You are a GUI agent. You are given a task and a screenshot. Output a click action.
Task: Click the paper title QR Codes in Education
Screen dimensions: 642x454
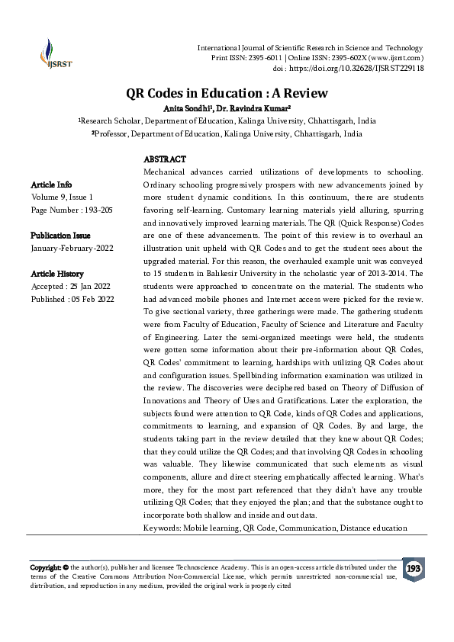[x=227, y=93]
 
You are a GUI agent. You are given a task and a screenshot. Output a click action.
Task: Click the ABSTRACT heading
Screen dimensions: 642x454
[x=164, y=159]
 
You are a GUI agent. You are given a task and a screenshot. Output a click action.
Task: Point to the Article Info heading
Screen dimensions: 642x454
[x=51, y=185]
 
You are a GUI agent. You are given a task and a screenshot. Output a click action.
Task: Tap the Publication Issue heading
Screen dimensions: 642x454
[x=60, y=236]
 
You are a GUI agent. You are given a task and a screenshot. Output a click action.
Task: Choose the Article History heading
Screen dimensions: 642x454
[x=57, y=274]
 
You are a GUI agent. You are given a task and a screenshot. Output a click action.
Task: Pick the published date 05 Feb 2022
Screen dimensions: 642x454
[x=92, y=299]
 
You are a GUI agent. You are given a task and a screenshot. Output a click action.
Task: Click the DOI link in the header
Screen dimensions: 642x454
[x=362, y=68]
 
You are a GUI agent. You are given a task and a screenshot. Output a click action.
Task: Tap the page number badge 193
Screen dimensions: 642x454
[x=413, y=569]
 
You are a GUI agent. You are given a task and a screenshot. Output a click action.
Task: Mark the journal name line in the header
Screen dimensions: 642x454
[x=311, y=48]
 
